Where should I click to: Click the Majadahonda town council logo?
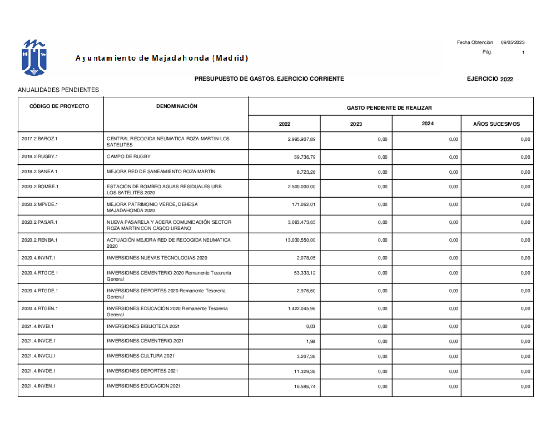(34, 58)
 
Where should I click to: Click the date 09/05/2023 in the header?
(513, 42)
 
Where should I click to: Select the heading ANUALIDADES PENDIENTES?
(58, 89)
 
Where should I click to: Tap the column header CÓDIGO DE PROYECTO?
(59, 106)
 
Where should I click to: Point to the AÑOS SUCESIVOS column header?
(497, 124)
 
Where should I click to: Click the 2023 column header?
(356, 124)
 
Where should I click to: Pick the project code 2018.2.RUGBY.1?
(39, 156)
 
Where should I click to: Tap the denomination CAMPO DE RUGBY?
(128, 156)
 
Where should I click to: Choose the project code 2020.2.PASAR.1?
(39, 222)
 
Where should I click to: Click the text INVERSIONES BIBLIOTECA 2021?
(143, 326)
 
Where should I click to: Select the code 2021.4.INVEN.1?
(39, 386)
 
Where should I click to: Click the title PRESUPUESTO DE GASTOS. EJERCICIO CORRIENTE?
(269, 79)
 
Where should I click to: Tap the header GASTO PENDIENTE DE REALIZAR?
(389, 108)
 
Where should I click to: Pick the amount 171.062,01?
(304, 204)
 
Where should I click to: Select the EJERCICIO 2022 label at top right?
(490, 79)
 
